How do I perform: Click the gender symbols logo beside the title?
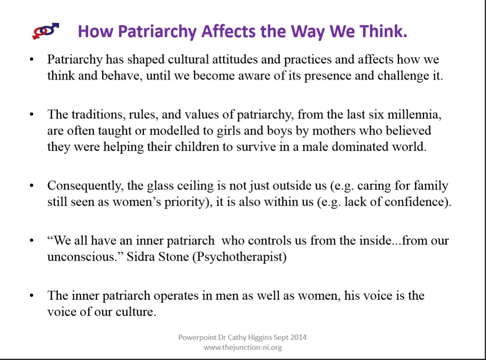point(45,31)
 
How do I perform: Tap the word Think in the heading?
point(381,31)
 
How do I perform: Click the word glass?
point(160,186)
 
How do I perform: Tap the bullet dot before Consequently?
point(31,186)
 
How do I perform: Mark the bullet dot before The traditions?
point(31,115)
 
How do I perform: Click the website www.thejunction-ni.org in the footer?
point(242,347)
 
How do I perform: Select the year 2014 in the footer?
point(298,337)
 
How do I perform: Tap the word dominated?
point(360,147)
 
